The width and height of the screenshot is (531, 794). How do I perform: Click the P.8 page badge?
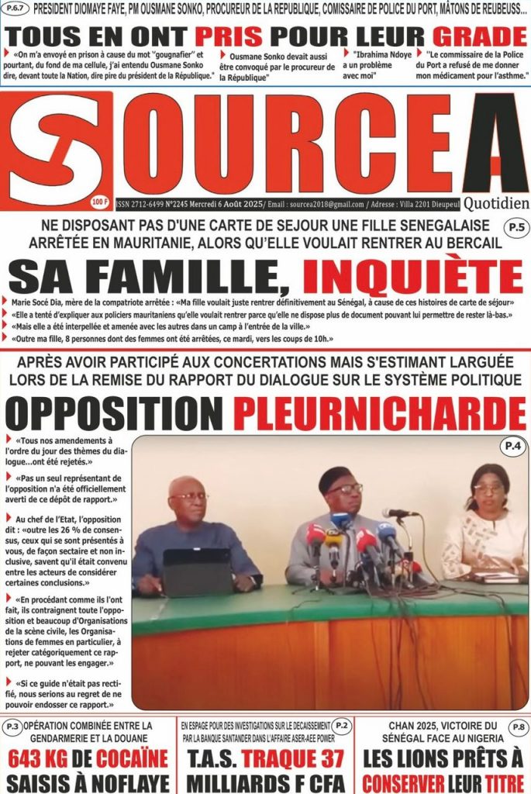pyautogui.click(x=517, y=726)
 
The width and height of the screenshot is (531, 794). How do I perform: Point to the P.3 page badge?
pyautogui.click(x=12, y=727)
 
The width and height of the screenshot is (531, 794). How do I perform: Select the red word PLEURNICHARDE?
pyautogui.click(x=380, y=413)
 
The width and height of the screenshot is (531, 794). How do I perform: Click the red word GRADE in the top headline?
pyautogui.click(x=479, y=36)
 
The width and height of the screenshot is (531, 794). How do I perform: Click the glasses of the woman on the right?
pyautogui.click(x=488, y=488)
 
